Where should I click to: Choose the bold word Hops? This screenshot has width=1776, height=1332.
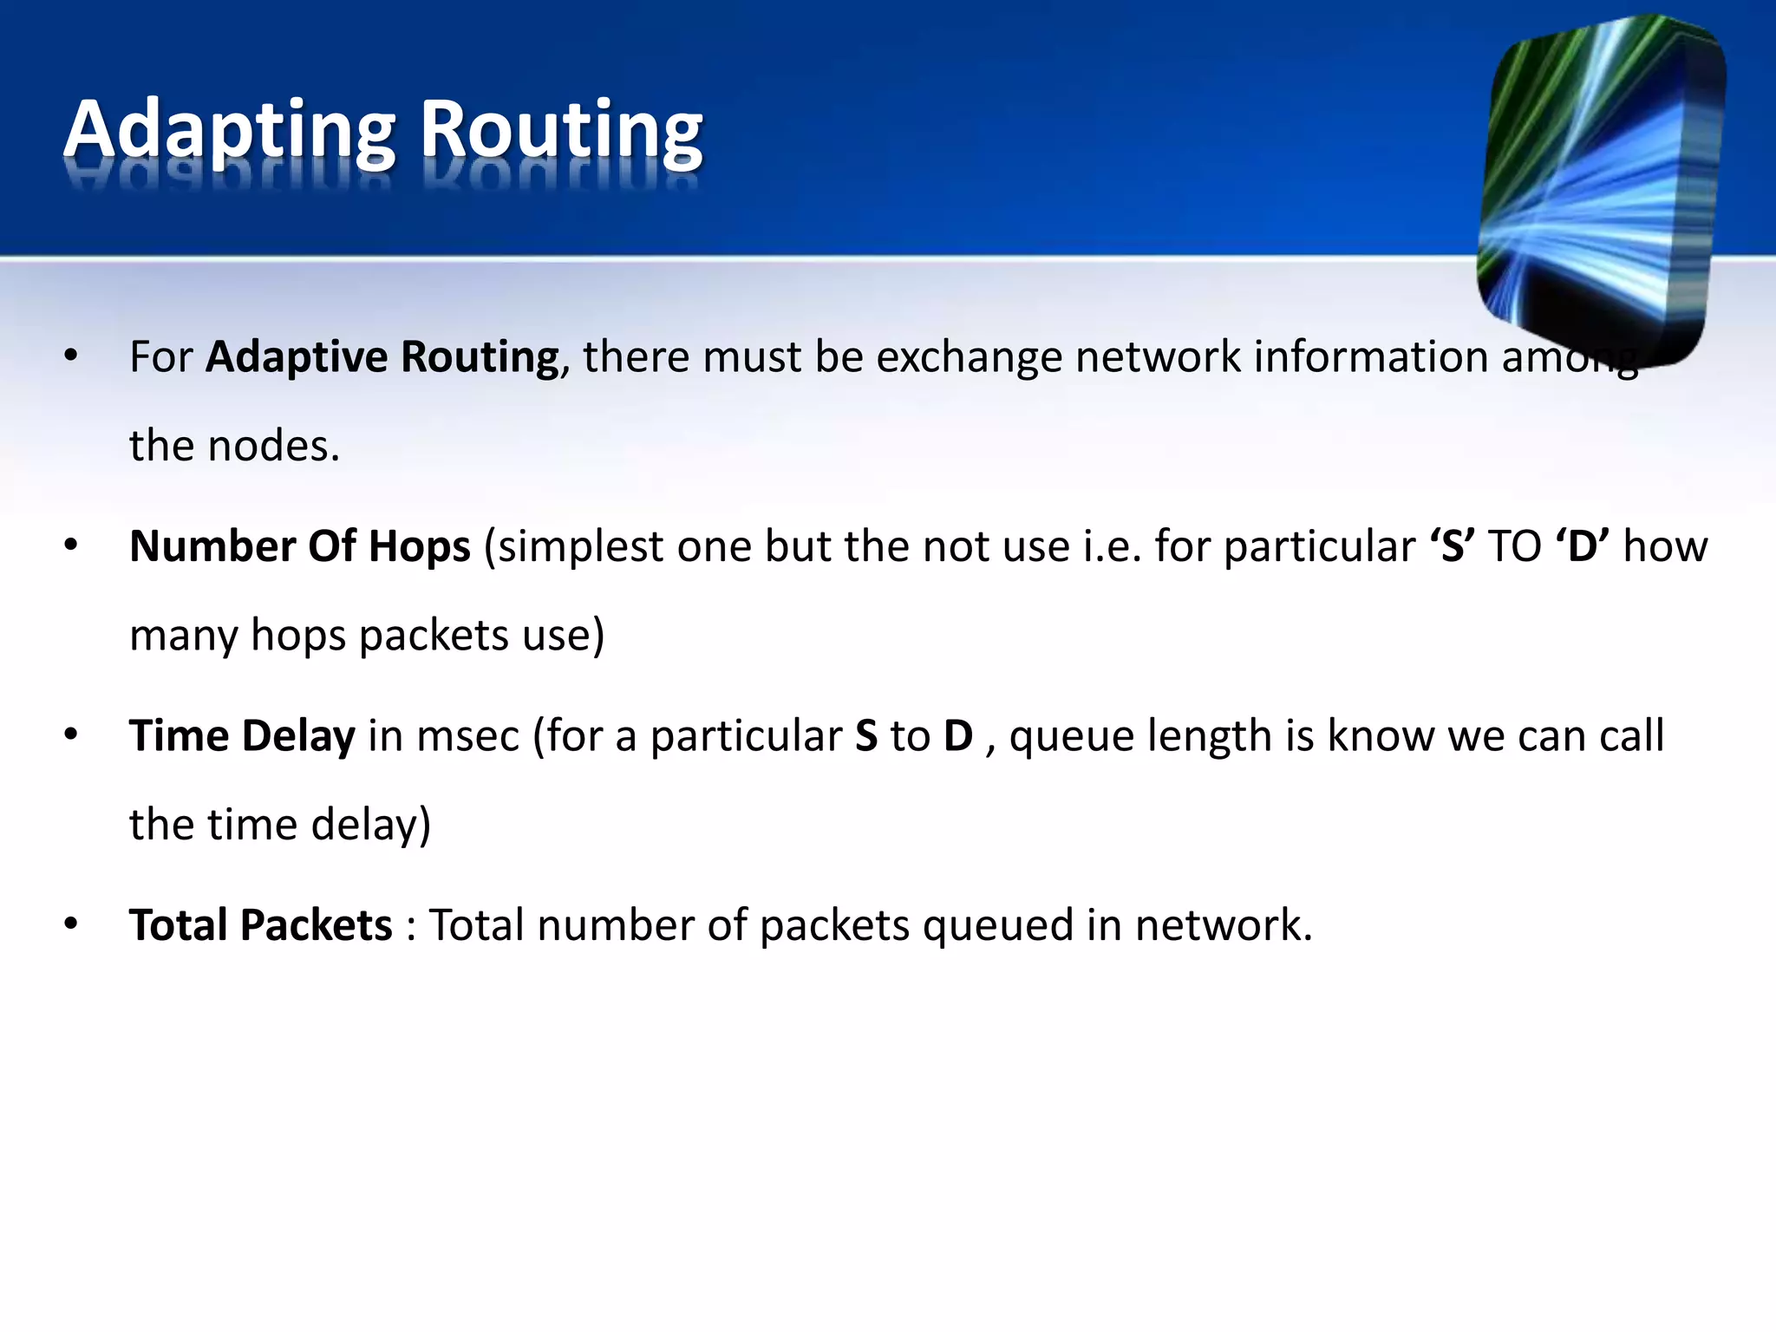coord(420,547)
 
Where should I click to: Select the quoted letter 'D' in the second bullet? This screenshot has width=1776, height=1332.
coord(1583,547)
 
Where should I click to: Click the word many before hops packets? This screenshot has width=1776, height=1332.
coord(183,636)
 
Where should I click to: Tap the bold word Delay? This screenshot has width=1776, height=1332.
coord(298,736)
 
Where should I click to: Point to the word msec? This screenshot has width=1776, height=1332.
coord(468,736)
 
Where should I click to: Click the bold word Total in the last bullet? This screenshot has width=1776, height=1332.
coord(178,925)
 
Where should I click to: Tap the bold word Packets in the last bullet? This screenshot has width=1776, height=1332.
coord(317,925)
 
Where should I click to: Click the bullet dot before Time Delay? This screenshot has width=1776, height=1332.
coord(71,735)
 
